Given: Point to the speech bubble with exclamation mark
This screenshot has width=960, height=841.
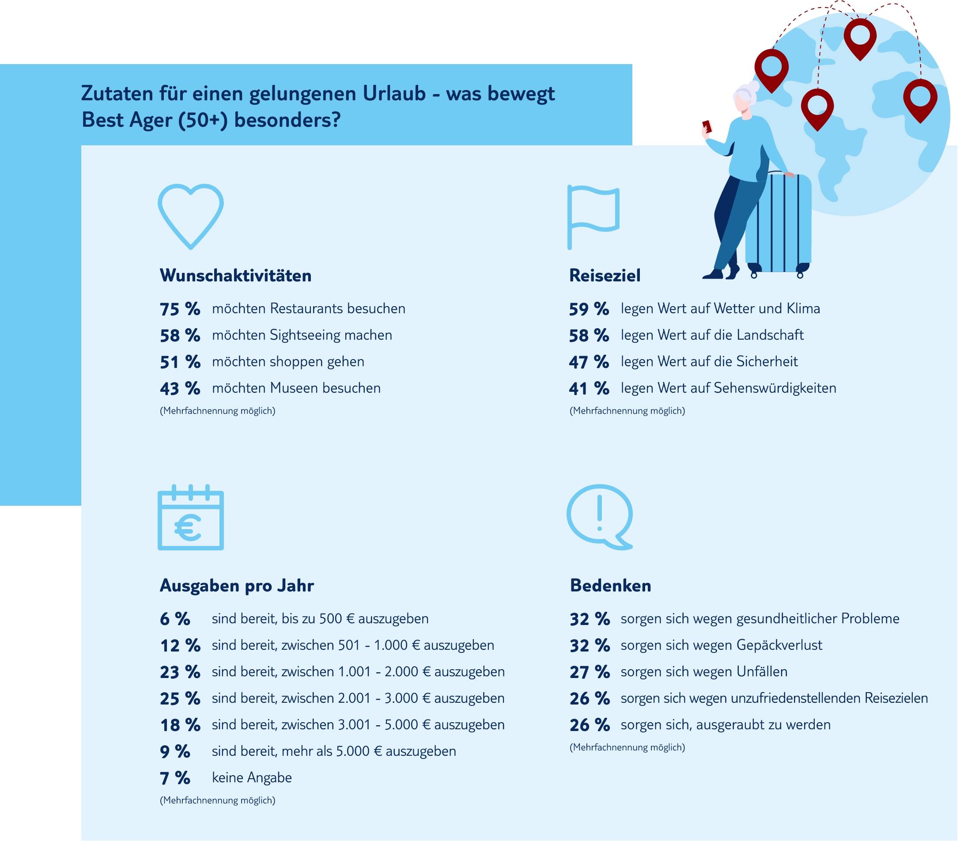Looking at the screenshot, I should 599,516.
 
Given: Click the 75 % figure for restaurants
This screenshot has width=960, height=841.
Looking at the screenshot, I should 180,309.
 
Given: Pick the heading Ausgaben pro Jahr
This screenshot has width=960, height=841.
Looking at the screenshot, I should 237,586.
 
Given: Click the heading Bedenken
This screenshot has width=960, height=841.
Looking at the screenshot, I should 610,586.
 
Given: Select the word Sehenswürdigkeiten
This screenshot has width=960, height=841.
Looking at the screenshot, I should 775,388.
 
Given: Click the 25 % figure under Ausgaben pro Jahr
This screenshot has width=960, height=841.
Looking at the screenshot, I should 180,699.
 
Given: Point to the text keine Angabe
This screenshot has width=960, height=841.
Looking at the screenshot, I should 252,778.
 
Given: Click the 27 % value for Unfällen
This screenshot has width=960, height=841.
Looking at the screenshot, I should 590,672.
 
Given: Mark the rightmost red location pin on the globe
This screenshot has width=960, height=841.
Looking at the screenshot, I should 920,98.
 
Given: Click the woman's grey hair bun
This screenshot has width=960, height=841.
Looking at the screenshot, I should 752,87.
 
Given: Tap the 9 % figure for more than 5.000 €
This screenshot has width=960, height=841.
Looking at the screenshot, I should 175,751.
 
